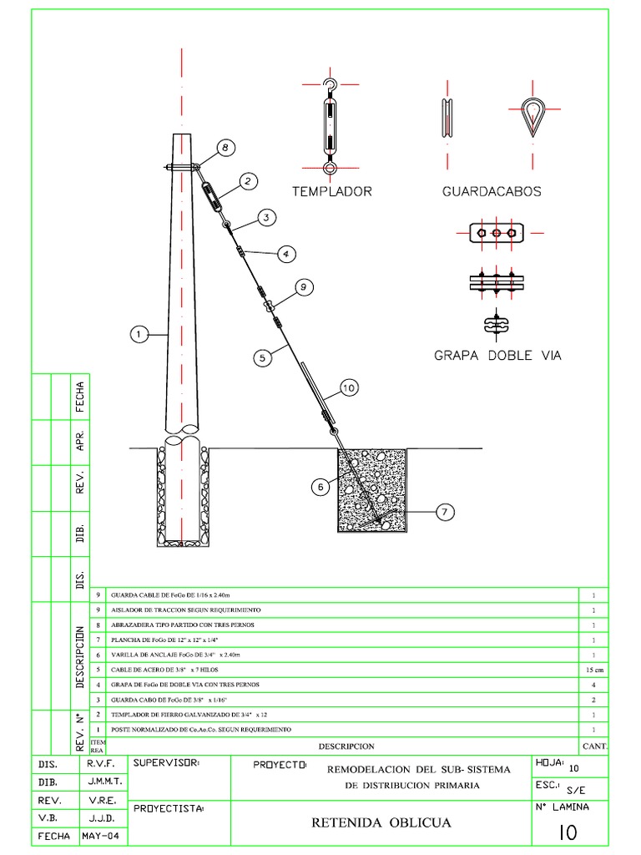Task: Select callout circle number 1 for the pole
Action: pyautogui.click(x=139, y=335)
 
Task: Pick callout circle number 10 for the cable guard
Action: pyautogui.click(x=348, y=387)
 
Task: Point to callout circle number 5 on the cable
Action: pyautogui.click(x=262, y=357)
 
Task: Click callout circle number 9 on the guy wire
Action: pyautogui.click(x=303, y=287)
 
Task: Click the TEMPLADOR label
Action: pyautogui.click(x=331, y=191)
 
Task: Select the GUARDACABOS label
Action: pyautogui.click(x=491, y=191)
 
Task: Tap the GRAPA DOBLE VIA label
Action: pyautogui.click(x=497, y=355)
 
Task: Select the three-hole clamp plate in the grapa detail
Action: pyautogui.click(x=497, y=233)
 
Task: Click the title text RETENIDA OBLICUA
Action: pyautogui.click(x=381, y=823)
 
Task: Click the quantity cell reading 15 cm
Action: pyautogui.click(x=593, y=670)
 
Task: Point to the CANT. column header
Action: pyautogui.click(x=595, y=746)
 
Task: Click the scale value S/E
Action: pyautogui.click(x=576, y=789)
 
